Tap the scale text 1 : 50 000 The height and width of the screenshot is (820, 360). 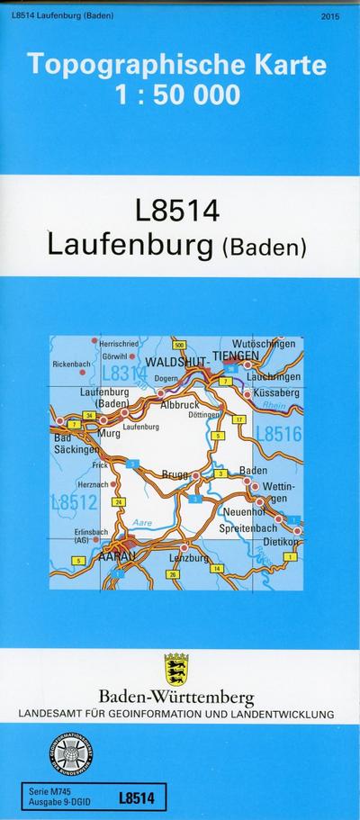[x=179, y=94]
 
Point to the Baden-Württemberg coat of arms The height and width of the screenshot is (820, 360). [x=176, y=669]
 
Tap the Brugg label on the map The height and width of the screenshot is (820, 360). [x=176, y=473]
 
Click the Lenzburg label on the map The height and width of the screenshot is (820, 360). [x=189, y=558]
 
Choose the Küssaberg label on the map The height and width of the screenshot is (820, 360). [x=275, y=393]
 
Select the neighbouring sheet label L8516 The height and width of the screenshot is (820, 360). [x=278, y=435]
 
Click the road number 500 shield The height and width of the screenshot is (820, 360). [x=179, y=345]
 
